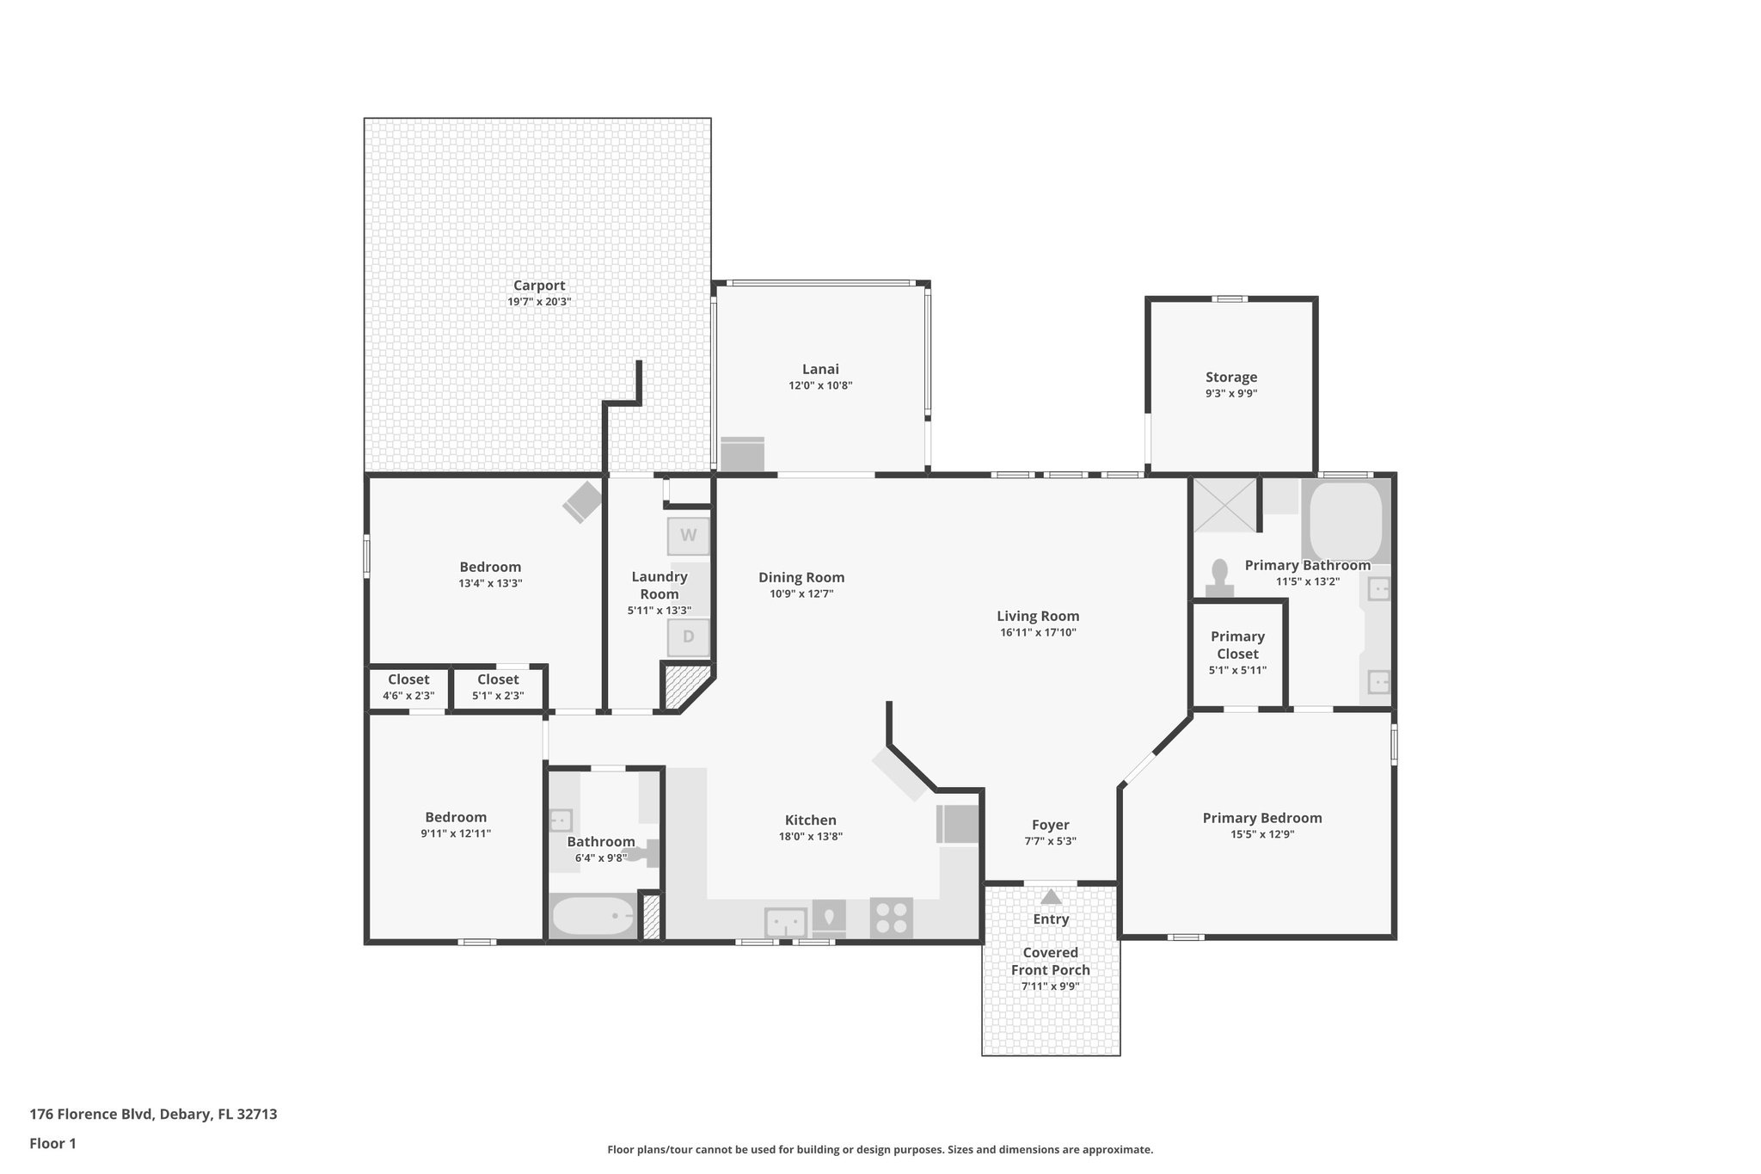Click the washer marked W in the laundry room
tap(688, 536)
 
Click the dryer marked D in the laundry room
tap(688, 637)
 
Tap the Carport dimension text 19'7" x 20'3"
tap(539, 302)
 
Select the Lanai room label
tap(820, 369)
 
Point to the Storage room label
tap(1230, 377)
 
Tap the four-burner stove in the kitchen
tap(891, 918)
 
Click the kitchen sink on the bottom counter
tap(785, 923)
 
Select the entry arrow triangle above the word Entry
tap(1051, 897)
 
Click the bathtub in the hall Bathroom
tap(592, 917)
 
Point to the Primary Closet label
tap(1237, 644)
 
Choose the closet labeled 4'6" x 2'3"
tap(408, 687)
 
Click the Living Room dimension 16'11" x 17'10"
tap(1038, 632)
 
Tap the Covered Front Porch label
tap(1050, 961)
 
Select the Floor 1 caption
tap(52, 1143)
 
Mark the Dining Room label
tap(801, 577)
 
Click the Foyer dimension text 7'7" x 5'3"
tap(1050, 841)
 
